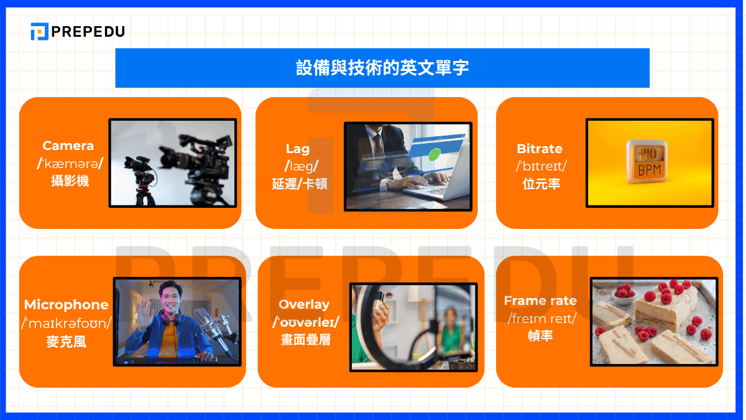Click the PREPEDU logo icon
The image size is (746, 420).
[x=39, y=31]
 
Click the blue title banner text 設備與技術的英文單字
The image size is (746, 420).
[x=382, y=68]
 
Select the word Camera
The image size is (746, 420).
[x=68, y=146]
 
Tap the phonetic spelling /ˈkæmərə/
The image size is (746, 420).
[x=68, y=164]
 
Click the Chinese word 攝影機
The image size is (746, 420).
[x=70, y=181]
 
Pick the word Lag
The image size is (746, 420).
[x=297, y=149]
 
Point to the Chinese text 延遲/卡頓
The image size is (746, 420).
[x=300, y=184]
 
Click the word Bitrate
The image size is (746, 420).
[x=539, y=149]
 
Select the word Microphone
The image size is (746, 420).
[x=67, y=305]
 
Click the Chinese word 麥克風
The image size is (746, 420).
[x=67, y=341]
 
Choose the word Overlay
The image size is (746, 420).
[x=304, y=304]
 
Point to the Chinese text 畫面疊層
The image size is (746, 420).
[x=305, y=340]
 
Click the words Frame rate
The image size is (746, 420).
[x=540, y=301]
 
